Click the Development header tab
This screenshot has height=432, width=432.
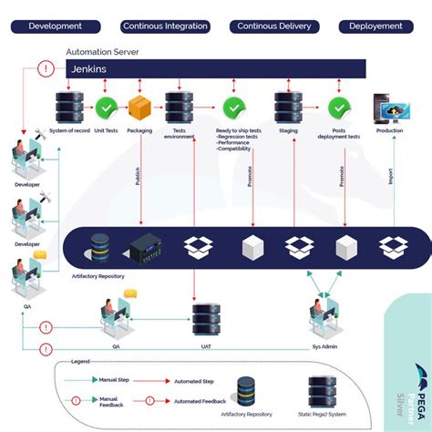(56, 26)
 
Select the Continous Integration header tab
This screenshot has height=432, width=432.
(165, 26)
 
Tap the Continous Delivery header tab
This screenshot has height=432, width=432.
(274, 26)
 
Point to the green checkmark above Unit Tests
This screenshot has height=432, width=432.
(108, 108)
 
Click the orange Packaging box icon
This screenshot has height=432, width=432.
(140, 108)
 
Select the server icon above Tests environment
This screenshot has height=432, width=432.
(177, 108)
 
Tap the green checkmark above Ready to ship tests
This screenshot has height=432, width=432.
(231, 108)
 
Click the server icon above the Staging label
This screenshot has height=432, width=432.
(288, 108)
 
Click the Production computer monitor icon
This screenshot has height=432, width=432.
(389, 109)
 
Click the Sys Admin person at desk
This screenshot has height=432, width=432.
(324, 314)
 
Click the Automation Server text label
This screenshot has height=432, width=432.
(101, 53)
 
